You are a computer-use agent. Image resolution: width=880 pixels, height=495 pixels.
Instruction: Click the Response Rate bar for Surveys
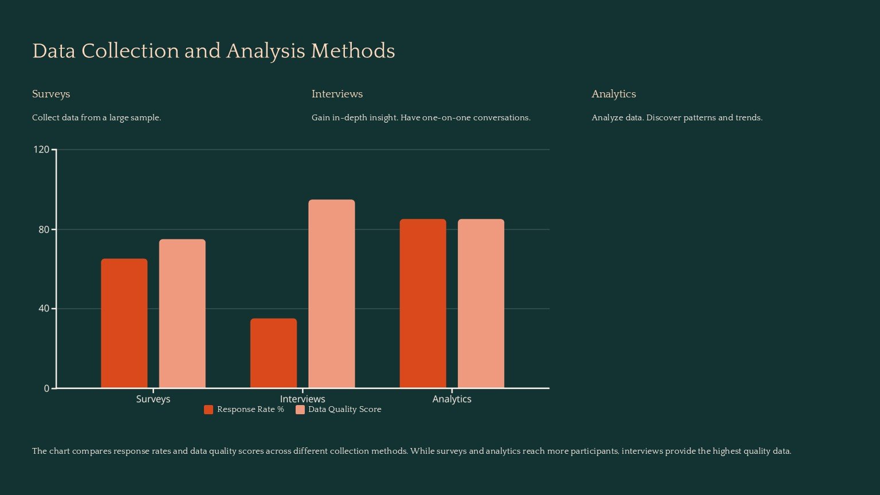pyautogui.click(x=124, y=323)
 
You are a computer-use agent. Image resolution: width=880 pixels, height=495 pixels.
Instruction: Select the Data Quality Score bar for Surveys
pyautogui.click(x=182, y=313)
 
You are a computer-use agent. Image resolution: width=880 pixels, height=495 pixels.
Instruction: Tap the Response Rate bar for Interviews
pyautogui.click(x=273, y=353)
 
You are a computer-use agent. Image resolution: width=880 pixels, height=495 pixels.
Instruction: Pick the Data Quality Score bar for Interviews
pyautogui.click(x=332, y=293)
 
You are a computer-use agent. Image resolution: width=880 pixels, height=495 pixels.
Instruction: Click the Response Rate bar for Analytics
pyautogui.click(x=423, y=303)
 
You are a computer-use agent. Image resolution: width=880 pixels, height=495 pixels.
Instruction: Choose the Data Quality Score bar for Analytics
pyautogui.click(x=481, y=303)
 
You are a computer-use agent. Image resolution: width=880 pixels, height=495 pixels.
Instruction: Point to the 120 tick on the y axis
pyautogui.click(x=41, y=150)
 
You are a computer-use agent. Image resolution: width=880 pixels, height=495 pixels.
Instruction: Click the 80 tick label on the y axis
pyautogui.click(x=44, y=230)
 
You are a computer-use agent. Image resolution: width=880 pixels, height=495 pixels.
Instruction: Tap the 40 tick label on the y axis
pyautogui.click(x=44, y=309)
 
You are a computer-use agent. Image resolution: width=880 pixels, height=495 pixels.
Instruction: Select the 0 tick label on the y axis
pyautogui.click(x=47, y=388)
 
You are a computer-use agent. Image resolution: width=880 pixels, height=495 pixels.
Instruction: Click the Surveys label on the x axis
pyautogui.click(x=153, y=399)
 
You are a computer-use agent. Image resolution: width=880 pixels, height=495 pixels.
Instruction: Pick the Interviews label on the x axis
pyautogui.click(x=302, y=399)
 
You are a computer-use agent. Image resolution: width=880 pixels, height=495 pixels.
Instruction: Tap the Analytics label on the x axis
pyautogui.click(x=452, y=399)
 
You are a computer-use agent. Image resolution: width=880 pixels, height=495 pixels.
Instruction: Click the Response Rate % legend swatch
pyautogui.click(x=209, y=410)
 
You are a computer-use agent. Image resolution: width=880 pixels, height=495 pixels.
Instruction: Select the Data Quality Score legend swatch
pyautogui.click(x=300, y=410)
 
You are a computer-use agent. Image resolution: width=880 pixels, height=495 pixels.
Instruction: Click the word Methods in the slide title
pyautogui.click(x=353, y=52)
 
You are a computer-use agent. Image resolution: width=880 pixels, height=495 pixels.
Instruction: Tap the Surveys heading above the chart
pyautogui.click(x=51, y=94)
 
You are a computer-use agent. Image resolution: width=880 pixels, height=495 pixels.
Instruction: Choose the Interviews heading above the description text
pyautogui.click(x=337, y=94)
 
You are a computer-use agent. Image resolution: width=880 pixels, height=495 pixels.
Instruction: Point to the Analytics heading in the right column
pyautogui.click(x=614, y=94)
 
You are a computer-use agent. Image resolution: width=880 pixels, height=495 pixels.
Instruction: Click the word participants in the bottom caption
pyautogui.click(x=595, y=451)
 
